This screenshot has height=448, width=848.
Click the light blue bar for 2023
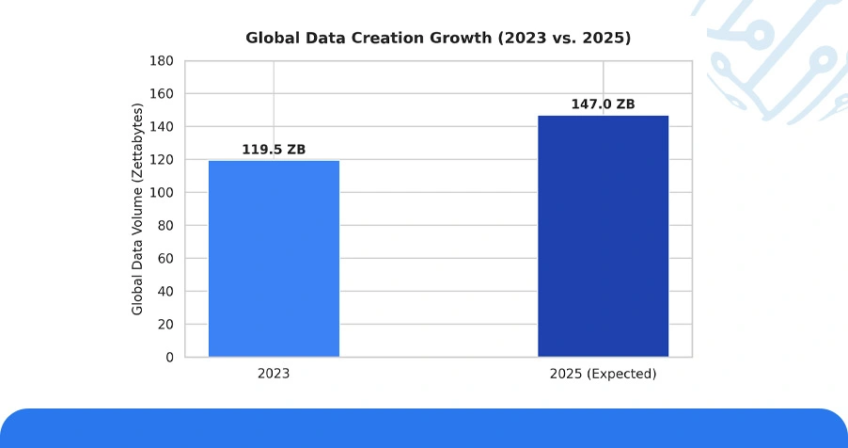pyautogui.click(x=274, y=259)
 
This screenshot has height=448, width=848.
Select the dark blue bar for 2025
pyautogui.click(x=603, y=236)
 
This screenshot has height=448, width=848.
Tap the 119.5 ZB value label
pyautogui.click(x=274, y=150)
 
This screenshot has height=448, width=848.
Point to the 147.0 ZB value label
pyautogui.click(x=603, y=104)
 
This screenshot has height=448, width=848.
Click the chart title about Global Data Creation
pyautogui.click(x=438, y=38)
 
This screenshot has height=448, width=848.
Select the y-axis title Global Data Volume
pyautogui.click(x=137, y=209)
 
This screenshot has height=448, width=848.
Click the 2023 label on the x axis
pyautogui.click(x=274, y=374)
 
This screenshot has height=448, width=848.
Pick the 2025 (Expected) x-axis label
pyautogui.click(x=603, y=374)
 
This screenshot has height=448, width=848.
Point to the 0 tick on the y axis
pyautogui.click(x=170, y=358)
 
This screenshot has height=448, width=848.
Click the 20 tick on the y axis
pyautogui.click(x=165, y=325)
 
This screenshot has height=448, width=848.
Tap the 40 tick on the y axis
pyautogui.click(x=165, y=292)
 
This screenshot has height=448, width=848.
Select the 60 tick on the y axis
pyautogui.click(x=165, y=259)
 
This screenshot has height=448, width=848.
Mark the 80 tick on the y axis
pyautogui.click(x=165, y=225)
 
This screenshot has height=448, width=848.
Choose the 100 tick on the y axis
pyautogui.click(x=162, y=192)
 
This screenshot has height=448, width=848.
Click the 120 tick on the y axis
pyautogui.click(x=162, y=160)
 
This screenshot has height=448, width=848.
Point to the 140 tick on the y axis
pyautogui.click(x=162, y=127)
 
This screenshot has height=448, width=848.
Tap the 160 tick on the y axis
pyautogui.click(x=162, y=94)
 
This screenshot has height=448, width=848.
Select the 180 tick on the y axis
pyautogui.click(x=162, y=60)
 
